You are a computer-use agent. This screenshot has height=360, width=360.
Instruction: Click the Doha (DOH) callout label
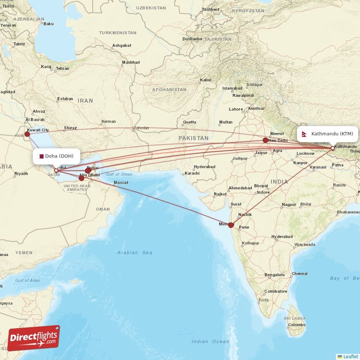56,156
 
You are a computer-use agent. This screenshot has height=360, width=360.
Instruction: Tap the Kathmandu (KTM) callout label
328,134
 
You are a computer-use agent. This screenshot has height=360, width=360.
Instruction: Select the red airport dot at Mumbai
231,225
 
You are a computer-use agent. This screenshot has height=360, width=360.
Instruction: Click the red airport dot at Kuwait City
27,134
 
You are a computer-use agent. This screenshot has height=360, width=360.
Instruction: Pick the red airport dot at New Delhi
265,140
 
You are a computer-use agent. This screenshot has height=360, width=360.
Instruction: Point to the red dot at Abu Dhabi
81,178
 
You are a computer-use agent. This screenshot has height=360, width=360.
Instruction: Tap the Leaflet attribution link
350,356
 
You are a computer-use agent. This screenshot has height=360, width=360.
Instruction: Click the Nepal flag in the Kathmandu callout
305,134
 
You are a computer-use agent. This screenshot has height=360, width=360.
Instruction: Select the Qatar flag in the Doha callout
41,156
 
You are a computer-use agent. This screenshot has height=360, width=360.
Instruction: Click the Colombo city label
297,324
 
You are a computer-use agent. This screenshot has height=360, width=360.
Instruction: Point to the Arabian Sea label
135,252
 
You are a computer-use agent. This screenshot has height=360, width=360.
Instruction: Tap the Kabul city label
205,80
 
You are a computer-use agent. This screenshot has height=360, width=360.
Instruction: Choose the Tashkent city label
210,9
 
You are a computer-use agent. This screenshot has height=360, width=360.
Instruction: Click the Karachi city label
192,173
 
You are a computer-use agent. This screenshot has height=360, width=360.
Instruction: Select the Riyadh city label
21,173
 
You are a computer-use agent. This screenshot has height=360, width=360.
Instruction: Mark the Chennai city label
299,274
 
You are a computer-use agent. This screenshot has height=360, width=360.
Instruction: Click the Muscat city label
121,182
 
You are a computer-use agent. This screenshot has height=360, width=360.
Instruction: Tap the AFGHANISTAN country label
169,90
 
